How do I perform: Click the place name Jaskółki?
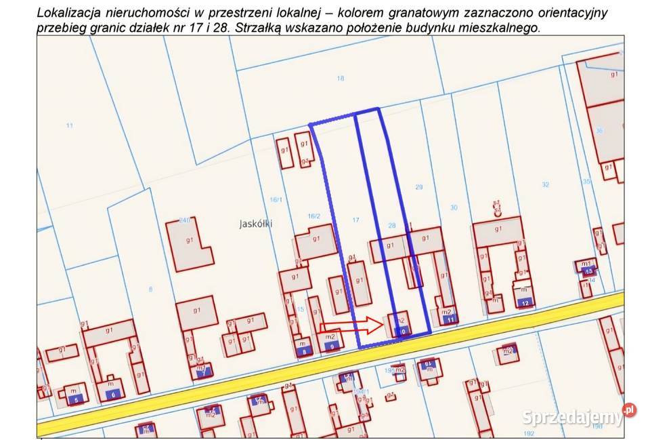click(255, 223)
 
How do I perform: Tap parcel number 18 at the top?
click(341, 79)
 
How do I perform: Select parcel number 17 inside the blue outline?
click(356, 220)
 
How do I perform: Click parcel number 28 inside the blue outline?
click(391, 225)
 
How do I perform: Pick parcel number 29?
click(418, 186)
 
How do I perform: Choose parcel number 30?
click(454, 207)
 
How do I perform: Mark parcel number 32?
click(546, 184)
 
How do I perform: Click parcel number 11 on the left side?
click(69, 125)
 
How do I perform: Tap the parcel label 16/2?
click(313, 216)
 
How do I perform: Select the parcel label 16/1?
click(276, 199)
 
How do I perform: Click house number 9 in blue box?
click(330, 346)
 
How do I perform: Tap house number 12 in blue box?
click(525, 302)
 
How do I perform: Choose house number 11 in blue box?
click(450, 319)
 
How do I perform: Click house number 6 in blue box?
click(114, 394)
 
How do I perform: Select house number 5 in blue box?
click(77, 400)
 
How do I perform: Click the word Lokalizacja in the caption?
click(70, 12)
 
